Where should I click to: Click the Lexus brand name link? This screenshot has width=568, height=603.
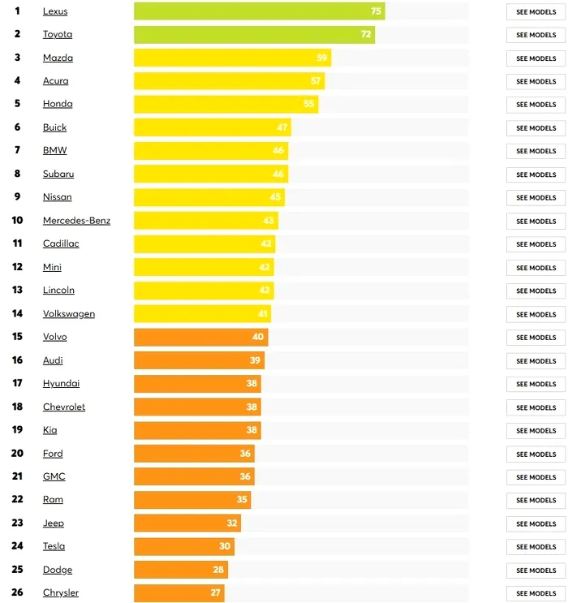[x=55, y=11]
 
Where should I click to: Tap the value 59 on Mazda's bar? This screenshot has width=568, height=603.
[x=322, y=58]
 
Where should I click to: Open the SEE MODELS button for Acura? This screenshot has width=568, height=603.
[x=536, y=81]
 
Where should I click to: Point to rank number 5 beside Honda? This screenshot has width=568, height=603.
[x=17, y=104]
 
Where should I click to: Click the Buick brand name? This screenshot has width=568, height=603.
[x=54, y=127]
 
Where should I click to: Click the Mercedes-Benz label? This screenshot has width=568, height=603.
[x=76, y=221]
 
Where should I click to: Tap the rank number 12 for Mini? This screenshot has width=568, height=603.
[x=17, y=267]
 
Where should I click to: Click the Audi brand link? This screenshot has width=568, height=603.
[x=53, y=360]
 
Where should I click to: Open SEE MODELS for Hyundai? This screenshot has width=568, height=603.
[x=536, y=384]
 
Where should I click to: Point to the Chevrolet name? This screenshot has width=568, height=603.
[x=64, y=407]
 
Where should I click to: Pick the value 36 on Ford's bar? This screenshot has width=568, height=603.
[x=245, y=454]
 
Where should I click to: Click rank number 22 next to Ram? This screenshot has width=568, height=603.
[x=17, y=500]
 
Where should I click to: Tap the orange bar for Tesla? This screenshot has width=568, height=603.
[x=174, y=546]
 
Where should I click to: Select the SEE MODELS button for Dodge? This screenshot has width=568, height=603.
[x=536, y=570]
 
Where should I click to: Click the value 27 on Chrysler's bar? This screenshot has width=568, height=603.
[x=216, y=593]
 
